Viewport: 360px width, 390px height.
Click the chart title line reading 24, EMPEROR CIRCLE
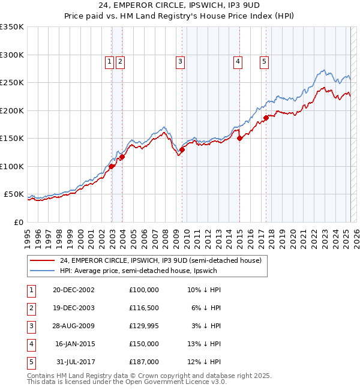coord(179,6)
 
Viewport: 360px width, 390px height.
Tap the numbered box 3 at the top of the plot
coord(180,60)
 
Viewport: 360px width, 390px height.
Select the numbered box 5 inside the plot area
coord(265,60)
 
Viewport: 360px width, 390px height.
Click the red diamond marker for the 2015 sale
coord(239,138)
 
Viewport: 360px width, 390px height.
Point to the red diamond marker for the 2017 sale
coord(266,118)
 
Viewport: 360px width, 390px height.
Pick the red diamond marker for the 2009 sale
coord(182,150)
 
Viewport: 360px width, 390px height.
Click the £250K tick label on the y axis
coord(12,82)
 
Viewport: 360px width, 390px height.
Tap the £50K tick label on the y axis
coord(14,194)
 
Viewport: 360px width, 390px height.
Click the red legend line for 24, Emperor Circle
coord(42,261)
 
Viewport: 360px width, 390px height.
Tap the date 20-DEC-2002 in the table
coord(74,289)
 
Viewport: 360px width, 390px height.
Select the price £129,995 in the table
coord(143,325)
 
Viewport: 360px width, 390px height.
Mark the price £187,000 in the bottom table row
coord(143,361)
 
